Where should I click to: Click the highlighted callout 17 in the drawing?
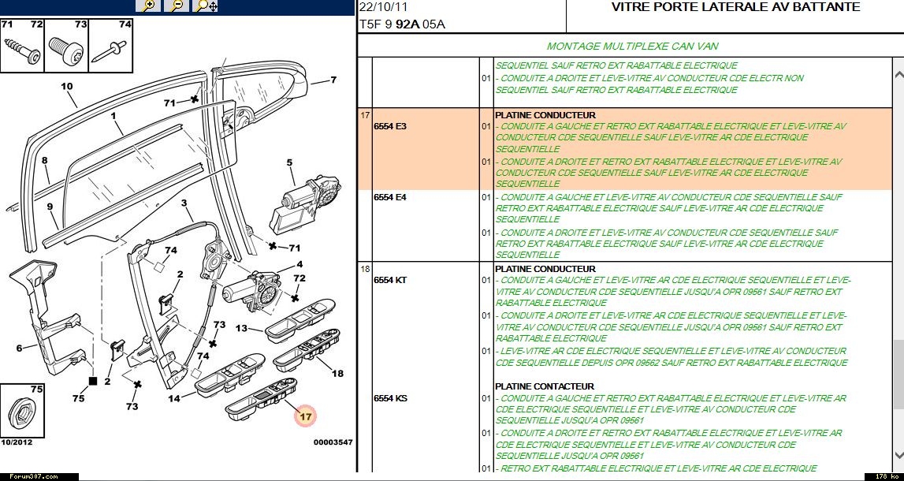(306, 415)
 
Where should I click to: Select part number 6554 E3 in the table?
(390, 126)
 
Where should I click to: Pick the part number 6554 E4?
(390, 197)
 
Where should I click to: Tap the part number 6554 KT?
(390, 280)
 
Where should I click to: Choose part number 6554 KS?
(390, 398)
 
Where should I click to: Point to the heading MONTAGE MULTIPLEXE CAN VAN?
(632, 47)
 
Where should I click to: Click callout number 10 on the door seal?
(66, 86)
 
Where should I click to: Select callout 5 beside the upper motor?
(289, 163)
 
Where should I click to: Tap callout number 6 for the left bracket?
(19, 348)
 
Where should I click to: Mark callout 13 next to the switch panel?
(241, 328)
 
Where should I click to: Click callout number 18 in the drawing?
(337, 374)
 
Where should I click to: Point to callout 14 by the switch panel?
(174, 399)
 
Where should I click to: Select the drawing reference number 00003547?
(333, 442)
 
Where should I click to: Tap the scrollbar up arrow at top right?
(897, 76)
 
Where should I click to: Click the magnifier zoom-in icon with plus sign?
(147, 6)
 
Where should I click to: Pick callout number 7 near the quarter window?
(333, 80)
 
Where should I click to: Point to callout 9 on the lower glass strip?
(50, 207)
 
